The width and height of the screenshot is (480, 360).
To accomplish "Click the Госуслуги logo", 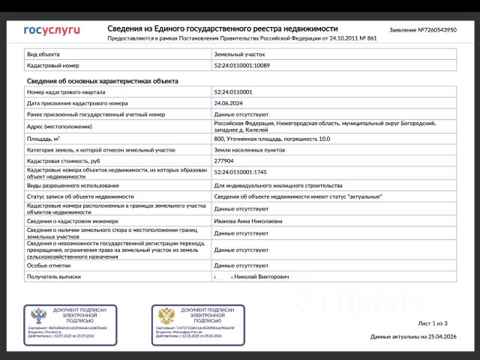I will (52, 31).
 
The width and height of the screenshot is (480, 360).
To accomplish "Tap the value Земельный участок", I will (239, 54).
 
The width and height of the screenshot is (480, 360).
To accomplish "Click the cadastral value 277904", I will (224, 160).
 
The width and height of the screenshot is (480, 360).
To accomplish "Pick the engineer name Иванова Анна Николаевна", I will (248, 221).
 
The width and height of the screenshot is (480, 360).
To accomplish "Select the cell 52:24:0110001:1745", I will (240, 172).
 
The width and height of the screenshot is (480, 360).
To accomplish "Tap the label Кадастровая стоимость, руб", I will (64, 160).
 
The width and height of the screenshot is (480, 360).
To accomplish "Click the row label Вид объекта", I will (42, 54).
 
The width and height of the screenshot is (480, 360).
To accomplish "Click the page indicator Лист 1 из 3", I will (432, 323).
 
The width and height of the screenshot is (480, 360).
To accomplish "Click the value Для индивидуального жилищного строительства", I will (277, 185).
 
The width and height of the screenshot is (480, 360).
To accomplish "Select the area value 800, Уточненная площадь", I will (271, 139).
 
